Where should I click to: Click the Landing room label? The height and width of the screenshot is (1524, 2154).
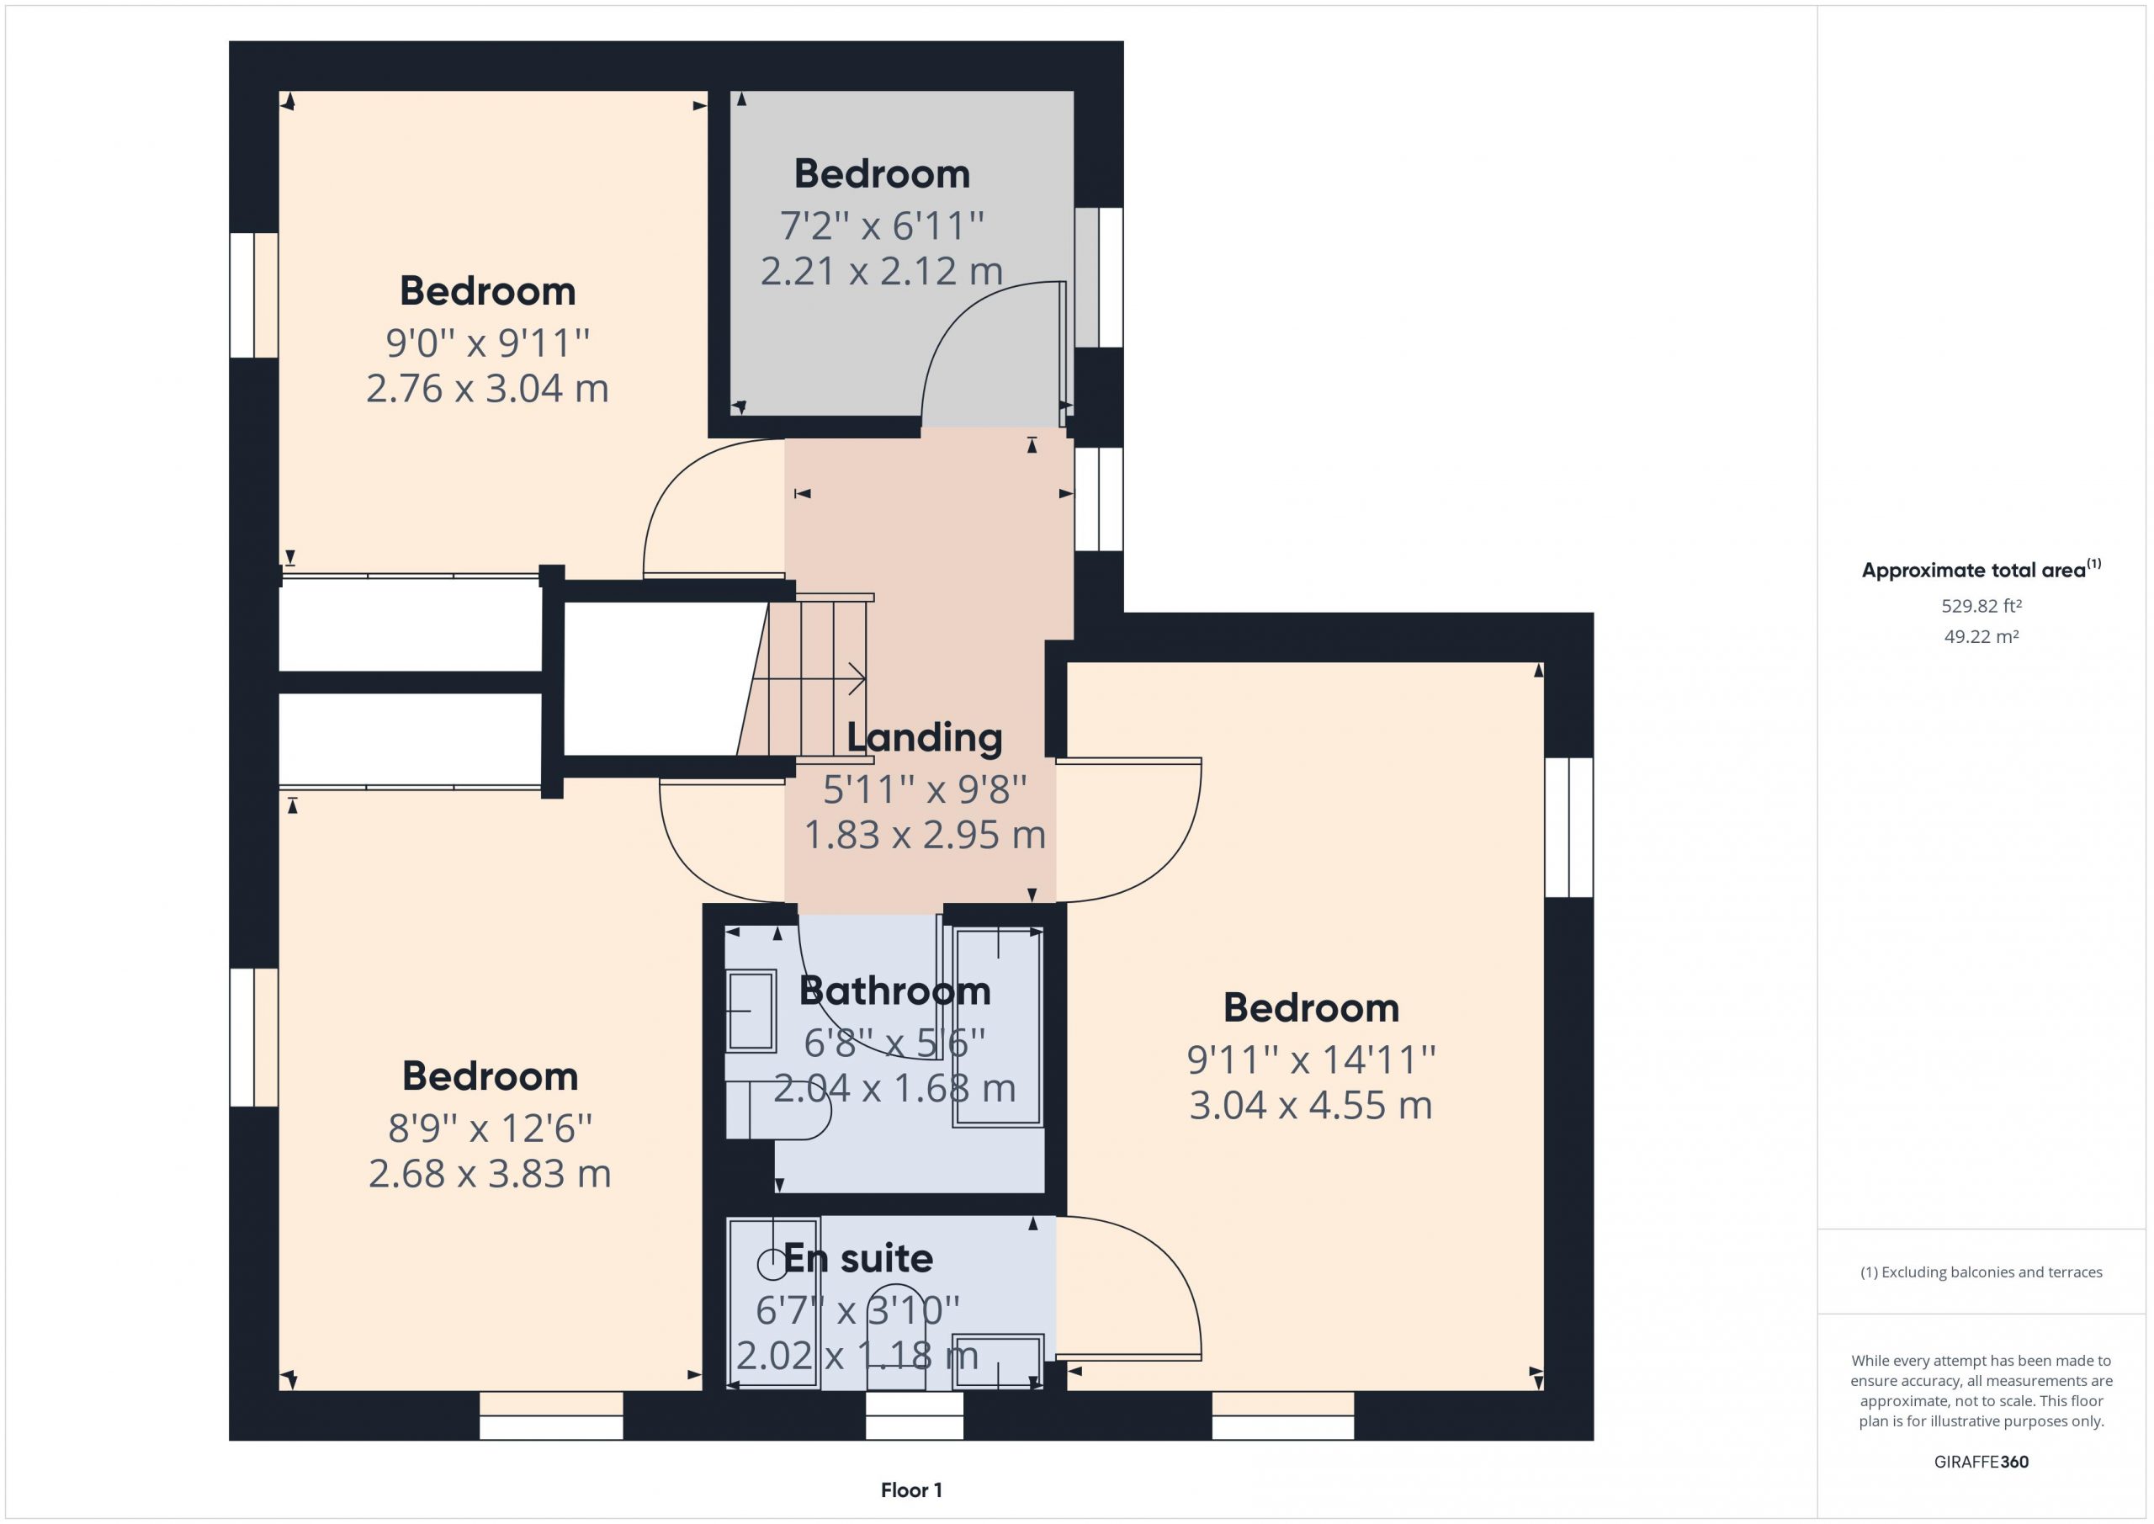click(924, 739)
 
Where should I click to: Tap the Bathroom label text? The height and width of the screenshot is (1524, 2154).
click(894, 991)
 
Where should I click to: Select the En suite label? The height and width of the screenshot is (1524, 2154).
click(857, 1258)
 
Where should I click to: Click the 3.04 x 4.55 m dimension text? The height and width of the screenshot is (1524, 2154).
click(1311, 1106)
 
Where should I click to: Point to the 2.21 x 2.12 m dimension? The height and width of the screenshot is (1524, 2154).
click(881, 271)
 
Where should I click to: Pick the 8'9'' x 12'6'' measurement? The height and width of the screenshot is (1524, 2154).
click(490, 1128)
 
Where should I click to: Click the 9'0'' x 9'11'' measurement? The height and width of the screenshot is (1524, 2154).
click(487, 343)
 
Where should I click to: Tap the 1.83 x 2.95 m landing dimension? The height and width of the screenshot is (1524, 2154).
click(924, 835)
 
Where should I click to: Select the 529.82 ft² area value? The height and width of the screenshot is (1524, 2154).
click(1981, 606)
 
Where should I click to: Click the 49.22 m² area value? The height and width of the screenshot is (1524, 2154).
click(1981, 636)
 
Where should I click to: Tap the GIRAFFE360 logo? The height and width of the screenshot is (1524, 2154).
click(1981, 1461)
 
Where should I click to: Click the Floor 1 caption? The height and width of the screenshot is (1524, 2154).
click(911, 1489)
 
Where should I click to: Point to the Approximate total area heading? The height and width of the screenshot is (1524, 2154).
click(1981, 569)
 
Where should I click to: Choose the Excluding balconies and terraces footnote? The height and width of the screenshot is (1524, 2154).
click(1981, 1272)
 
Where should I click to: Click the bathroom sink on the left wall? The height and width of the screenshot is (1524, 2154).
click(751, 1011)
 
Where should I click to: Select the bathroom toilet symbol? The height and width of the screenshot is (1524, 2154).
click(777, 1110)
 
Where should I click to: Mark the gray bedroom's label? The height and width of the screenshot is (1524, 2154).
click(881, 174)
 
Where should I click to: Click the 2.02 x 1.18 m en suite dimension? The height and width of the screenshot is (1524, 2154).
click(857, 1356)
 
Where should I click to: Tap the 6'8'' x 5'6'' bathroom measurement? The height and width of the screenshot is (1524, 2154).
click(894, 1043)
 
